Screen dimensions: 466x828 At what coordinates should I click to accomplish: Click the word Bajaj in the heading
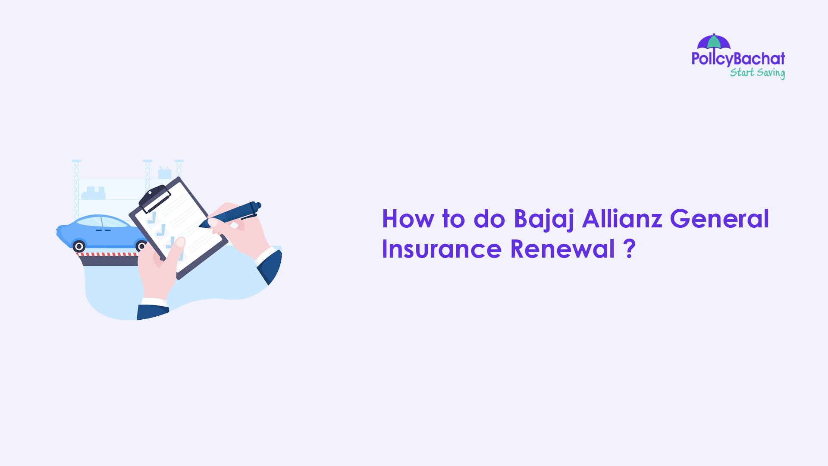544,219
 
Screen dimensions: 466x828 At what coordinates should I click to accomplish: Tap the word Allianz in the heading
622,219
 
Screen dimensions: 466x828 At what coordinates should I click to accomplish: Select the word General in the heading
719,219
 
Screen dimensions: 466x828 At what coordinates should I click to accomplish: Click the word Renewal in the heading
562,249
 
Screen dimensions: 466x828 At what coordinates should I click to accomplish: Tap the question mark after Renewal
630,249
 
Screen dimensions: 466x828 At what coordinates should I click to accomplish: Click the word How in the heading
408,219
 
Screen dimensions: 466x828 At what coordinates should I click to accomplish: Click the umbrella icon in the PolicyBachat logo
714,41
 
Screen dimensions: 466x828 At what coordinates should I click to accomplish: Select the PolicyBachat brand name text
738,59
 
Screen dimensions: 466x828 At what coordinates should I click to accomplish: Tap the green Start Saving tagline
757,72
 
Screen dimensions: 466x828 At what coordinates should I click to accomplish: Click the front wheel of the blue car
79,246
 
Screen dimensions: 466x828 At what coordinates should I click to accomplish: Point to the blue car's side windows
102,222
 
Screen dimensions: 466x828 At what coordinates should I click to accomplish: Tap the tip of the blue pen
201,226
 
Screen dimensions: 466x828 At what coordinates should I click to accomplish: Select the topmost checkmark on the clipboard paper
152,218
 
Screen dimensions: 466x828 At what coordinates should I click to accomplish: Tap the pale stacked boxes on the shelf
94,193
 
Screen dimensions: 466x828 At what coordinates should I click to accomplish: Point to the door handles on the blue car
103,230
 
